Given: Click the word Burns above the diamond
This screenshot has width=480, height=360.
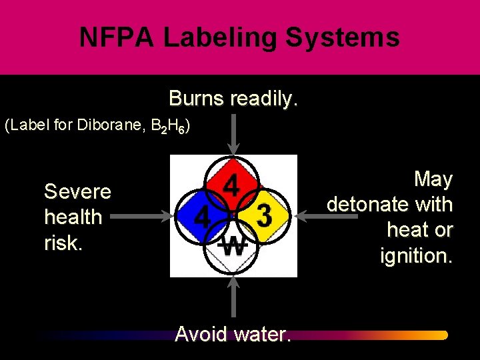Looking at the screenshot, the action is [197, 99].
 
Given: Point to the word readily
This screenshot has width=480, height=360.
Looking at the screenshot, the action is [263, 99].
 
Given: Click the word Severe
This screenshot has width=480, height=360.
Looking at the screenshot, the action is [77, 192].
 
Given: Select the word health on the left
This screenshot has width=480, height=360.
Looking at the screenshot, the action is [73, 217].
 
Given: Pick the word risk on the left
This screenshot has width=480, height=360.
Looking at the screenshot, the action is [63, 243].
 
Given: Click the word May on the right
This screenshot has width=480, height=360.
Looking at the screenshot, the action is [433, 179].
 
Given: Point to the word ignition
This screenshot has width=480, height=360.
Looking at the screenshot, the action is [416, 255].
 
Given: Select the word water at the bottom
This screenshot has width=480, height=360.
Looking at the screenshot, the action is [262, 333].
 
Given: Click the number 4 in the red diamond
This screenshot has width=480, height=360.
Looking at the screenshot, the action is [231, 186].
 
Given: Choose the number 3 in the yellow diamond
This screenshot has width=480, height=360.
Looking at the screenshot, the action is [264, 216].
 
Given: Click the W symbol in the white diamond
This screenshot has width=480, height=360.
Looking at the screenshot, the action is [233, 246].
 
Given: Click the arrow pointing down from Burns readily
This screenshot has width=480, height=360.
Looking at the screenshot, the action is [233, 133].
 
